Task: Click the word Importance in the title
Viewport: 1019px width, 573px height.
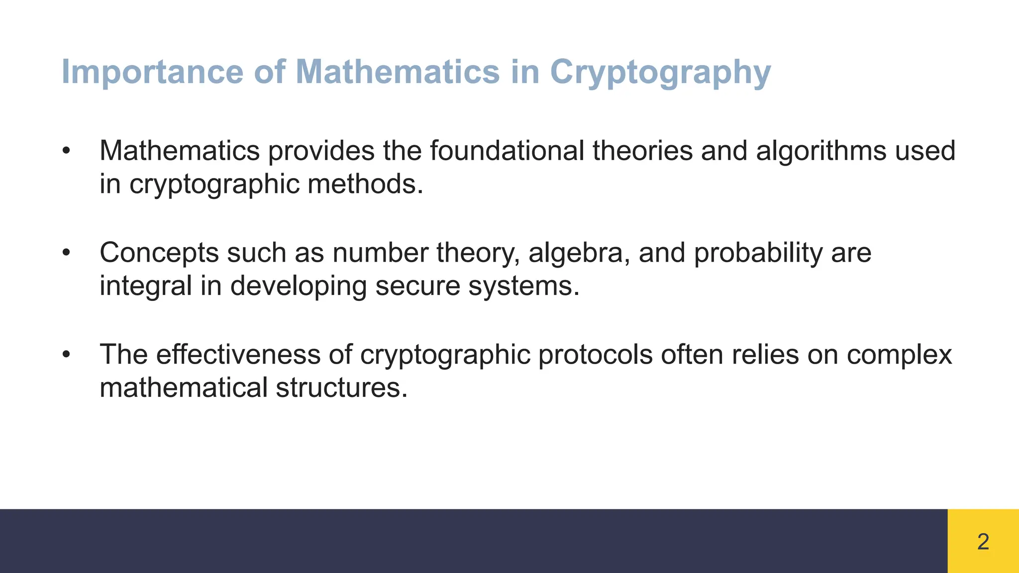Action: [152, 72]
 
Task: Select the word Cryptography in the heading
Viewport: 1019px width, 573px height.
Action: [660, 72]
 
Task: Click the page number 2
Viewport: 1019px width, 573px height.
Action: [983, 542]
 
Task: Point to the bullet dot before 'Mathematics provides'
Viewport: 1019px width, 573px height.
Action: [67, 151]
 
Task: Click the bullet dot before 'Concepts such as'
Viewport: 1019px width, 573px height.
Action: [67, 253]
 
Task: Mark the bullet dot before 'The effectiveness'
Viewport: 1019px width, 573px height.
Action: [67, 355]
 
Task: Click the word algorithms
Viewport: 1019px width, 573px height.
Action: [821, 151]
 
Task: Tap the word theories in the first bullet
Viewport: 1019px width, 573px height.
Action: [642, 151]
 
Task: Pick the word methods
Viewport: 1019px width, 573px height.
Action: [365, 184]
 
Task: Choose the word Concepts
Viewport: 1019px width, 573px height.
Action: [159, 253]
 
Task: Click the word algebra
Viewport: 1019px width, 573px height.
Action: [579, 253]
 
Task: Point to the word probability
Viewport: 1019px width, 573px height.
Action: [758, 253]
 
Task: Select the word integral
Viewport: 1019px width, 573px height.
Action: [146, 286]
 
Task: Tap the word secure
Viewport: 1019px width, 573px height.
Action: [417, 286]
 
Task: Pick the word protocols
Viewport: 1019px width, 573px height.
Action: [595, 355]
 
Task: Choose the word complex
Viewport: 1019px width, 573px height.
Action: [899, 355]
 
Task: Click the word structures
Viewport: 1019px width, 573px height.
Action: [342, 387]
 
